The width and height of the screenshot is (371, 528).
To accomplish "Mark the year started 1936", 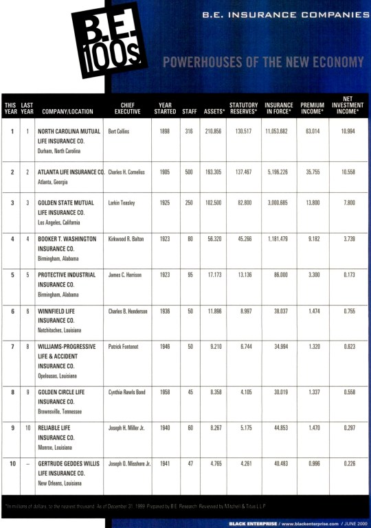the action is pos(165,311).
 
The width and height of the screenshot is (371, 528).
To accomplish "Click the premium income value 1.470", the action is pos(312,428).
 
